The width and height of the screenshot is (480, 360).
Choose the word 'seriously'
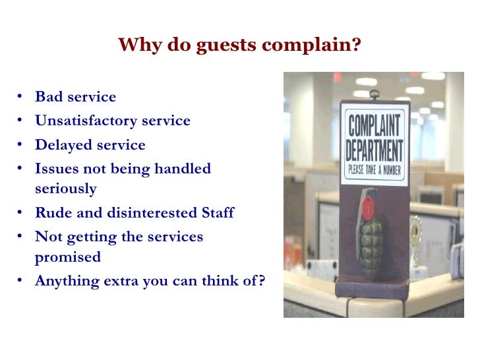click(x=66, y=189)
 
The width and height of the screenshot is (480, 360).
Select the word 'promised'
click(x=68, y=256)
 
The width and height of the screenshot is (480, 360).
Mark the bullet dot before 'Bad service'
click(x=20, y=98)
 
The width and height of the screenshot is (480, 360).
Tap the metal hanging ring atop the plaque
click(x=374, y=94)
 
